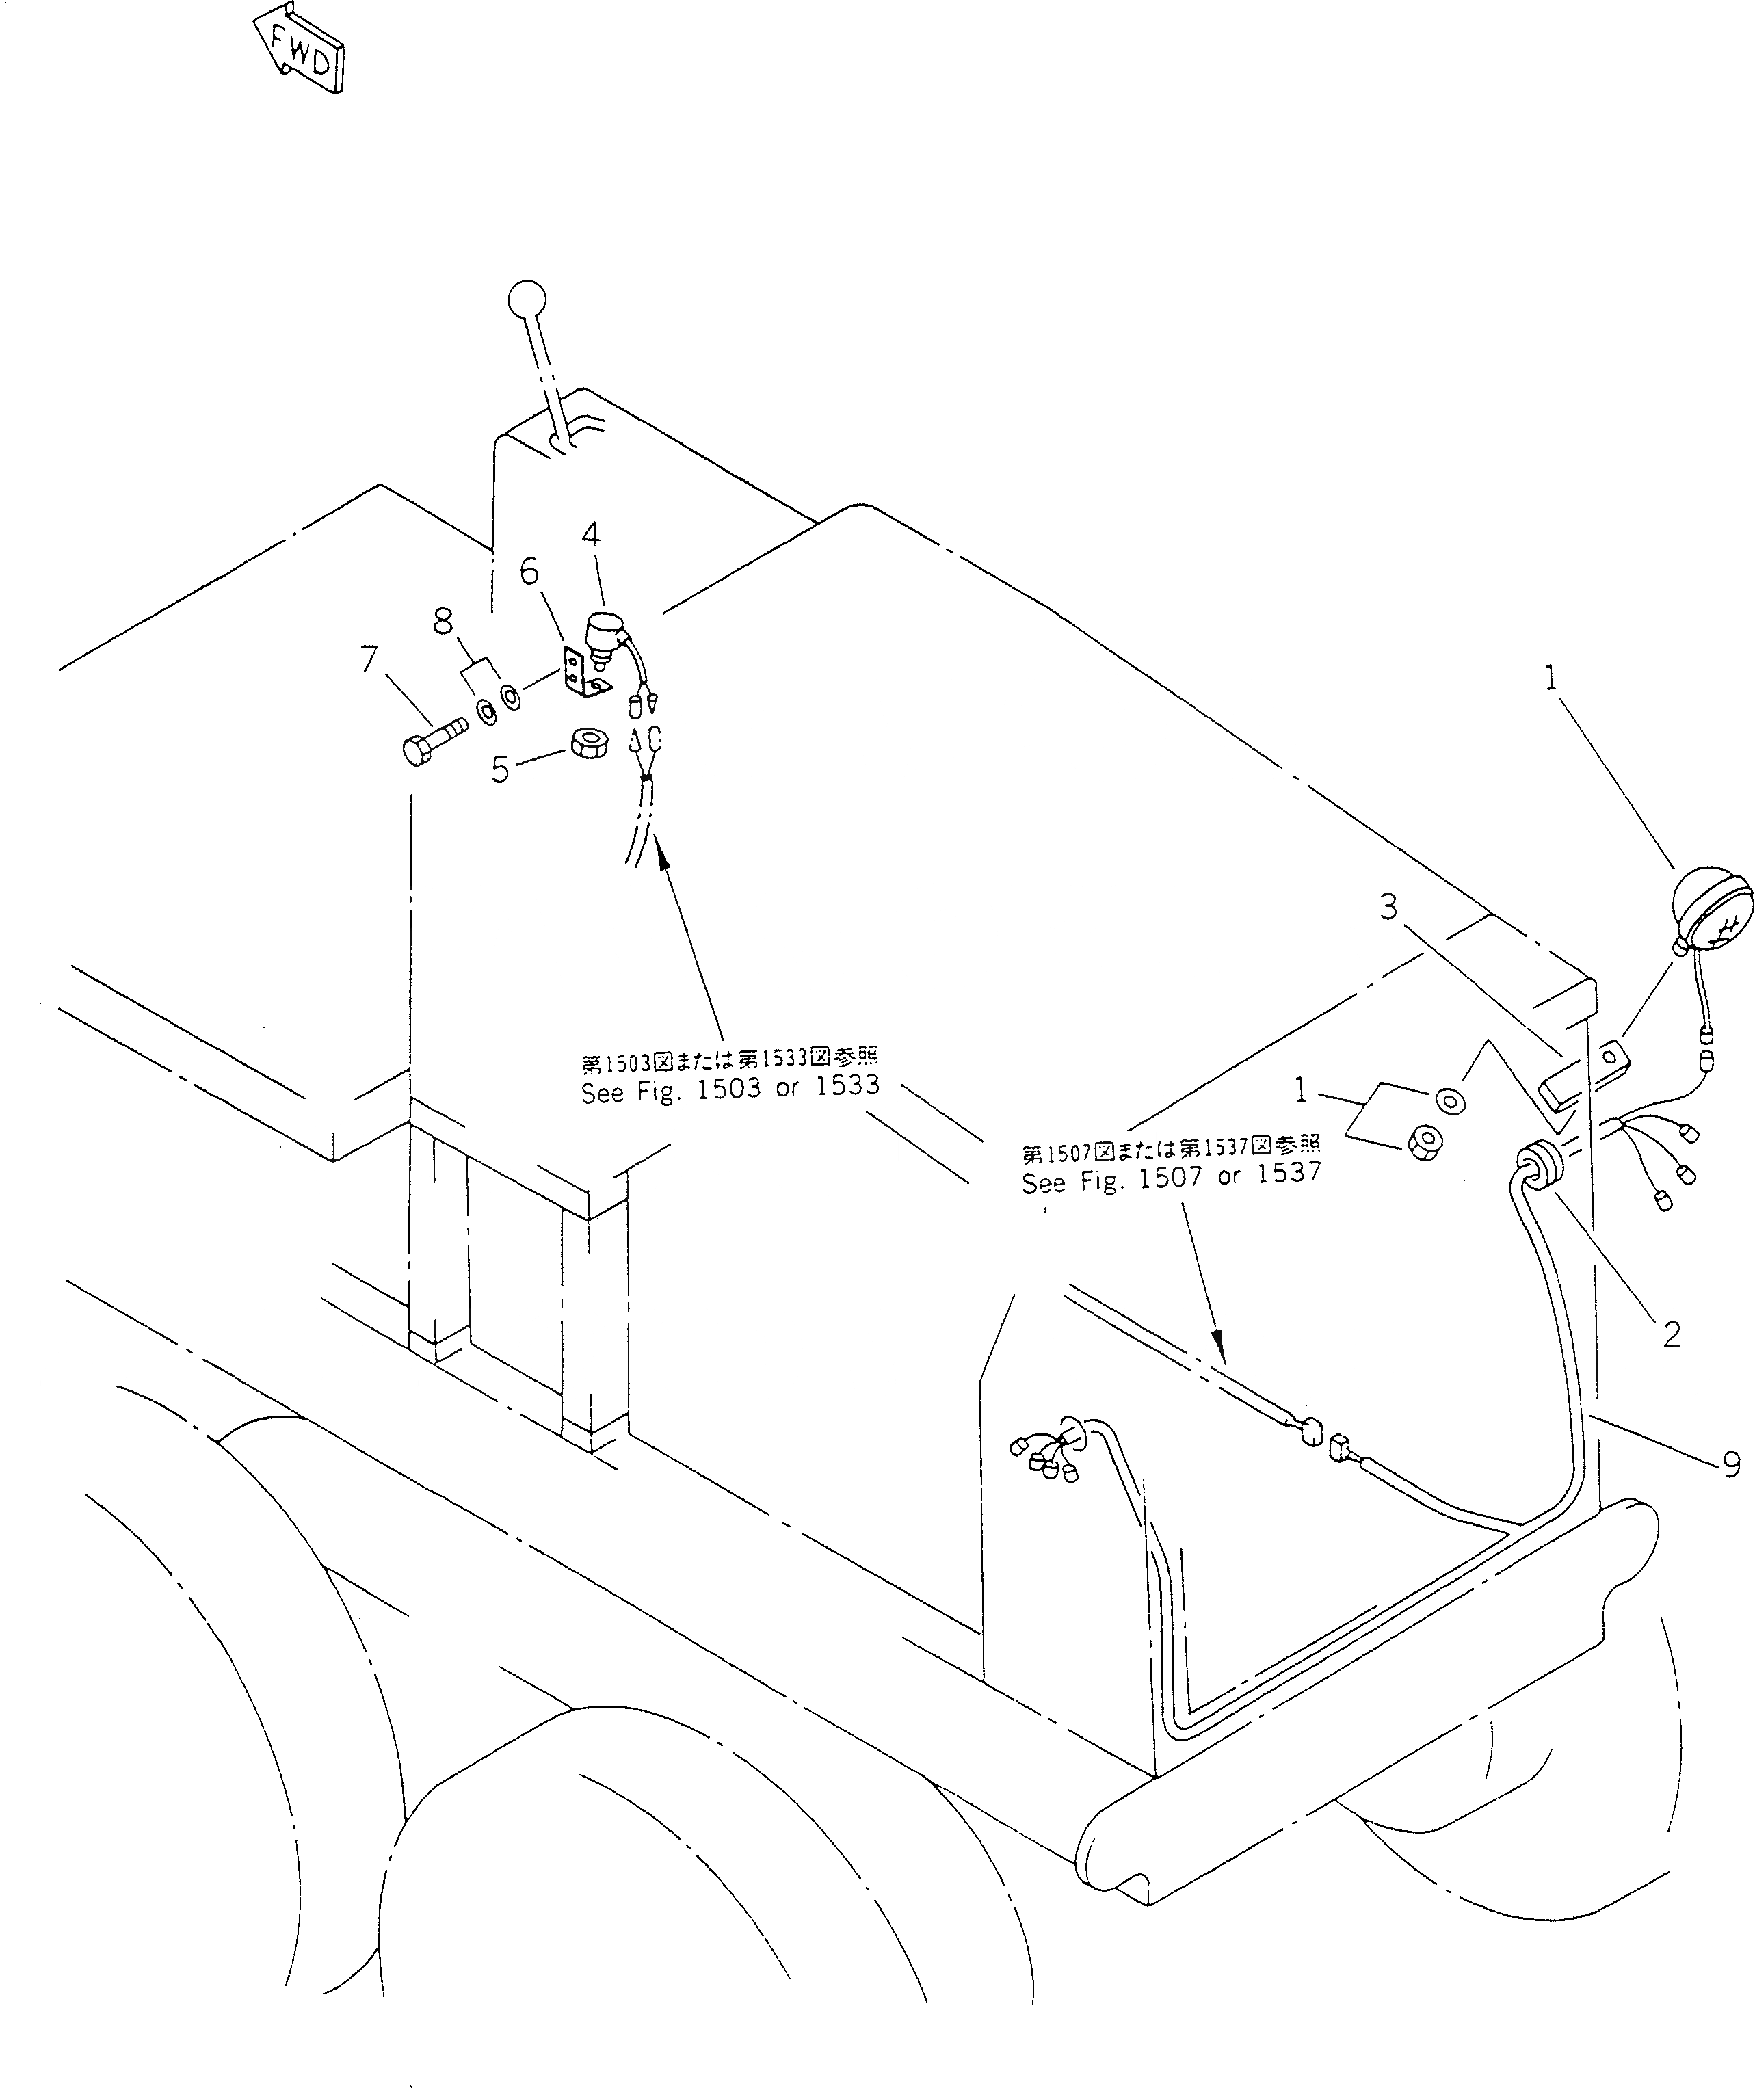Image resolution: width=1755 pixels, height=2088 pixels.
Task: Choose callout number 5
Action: pos(501,769)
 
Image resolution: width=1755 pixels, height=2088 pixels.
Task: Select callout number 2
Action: pos(1672,1333)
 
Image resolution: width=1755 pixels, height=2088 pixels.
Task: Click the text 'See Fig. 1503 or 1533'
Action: pos(730,1087)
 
